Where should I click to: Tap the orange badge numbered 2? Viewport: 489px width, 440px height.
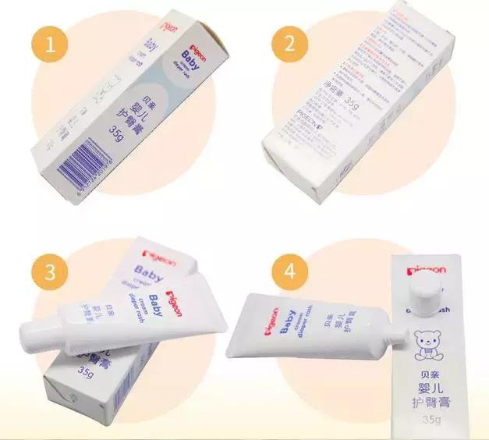(290, 44)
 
